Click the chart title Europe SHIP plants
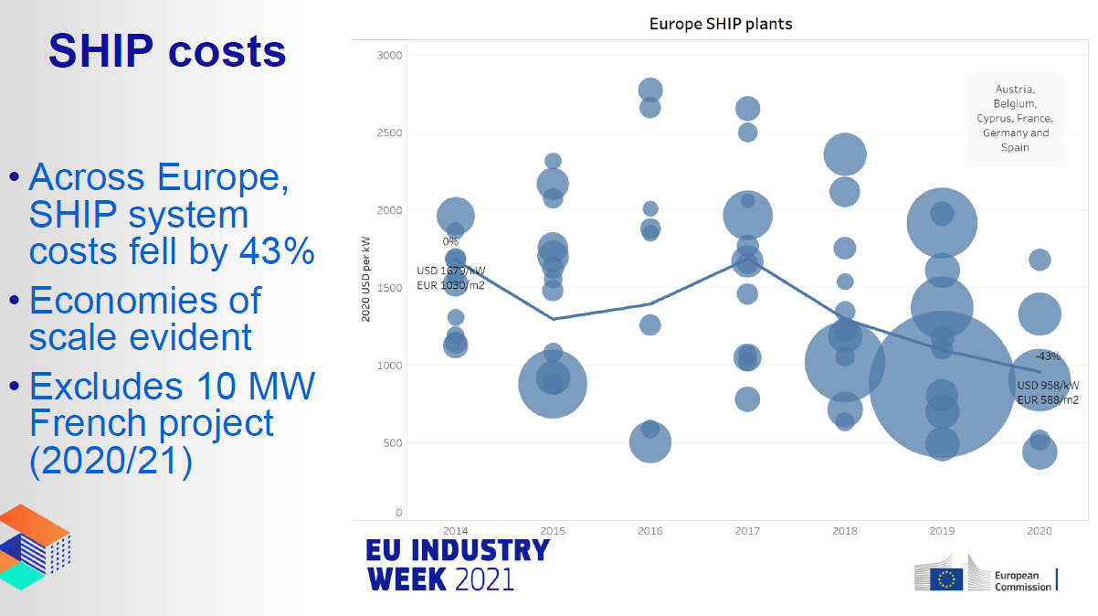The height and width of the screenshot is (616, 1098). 721,24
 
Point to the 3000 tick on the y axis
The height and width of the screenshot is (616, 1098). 390,56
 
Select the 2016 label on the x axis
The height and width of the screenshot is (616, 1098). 649,531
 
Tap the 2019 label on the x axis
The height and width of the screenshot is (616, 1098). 942,531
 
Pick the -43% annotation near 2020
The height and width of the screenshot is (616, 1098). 1047,356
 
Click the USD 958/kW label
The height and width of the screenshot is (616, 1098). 1048,385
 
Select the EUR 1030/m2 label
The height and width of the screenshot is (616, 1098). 450,286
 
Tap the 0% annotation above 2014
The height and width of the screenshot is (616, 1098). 450,242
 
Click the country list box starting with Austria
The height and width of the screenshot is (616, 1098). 1015,119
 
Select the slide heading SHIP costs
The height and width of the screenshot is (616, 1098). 167,51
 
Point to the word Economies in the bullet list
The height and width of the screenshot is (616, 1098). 145,300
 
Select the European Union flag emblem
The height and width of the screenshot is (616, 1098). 946,579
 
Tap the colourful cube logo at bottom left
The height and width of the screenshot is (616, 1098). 35,546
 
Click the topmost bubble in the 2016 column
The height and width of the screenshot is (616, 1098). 650,90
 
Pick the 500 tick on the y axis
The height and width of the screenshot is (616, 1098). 392,443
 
